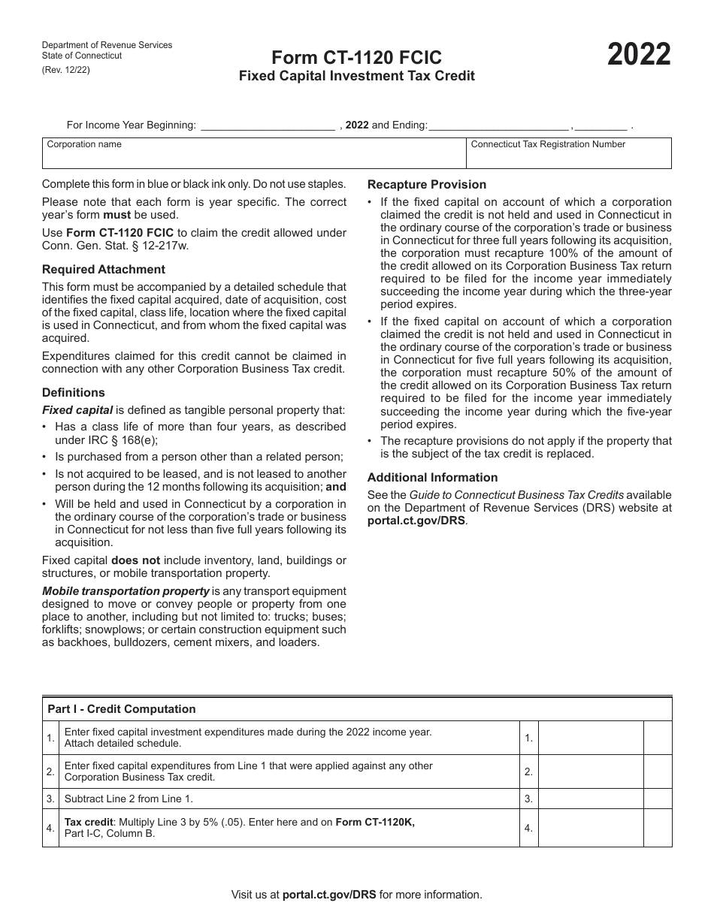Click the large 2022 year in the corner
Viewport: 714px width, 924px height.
click(639, 56)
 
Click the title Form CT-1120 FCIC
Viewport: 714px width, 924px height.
click(356, 58)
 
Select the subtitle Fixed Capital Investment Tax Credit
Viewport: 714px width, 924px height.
click(356, 76)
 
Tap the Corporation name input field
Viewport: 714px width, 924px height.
click(253, 156)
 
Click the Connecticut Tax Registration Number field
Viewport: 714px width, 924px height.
click(569, 157)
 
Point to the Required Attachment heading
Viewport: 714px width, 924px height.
click(104, 269)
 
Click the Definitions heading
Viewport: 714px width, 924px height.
click(74, 392)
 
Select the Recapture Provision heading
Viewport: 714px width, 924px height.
click(426, 184)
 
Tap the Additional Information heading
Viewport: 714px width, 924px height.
click(432, 477)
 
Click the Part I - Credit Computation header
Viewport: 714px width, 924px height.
click(122, 709)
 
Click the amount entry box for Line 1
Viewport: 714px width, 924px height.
click(591, 738)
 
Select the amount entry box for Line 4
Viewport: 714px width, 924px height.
click(591, 828)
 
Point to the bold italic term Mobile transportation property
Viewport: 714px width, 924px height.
click(126, 591)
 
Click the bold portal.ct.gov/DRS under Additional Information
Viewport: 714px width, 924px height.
click(416, 520)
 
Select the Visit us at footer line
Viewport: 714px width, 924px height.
click(356, 894)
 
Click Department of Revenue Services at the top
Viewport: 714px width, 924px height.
click(107, 45)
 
